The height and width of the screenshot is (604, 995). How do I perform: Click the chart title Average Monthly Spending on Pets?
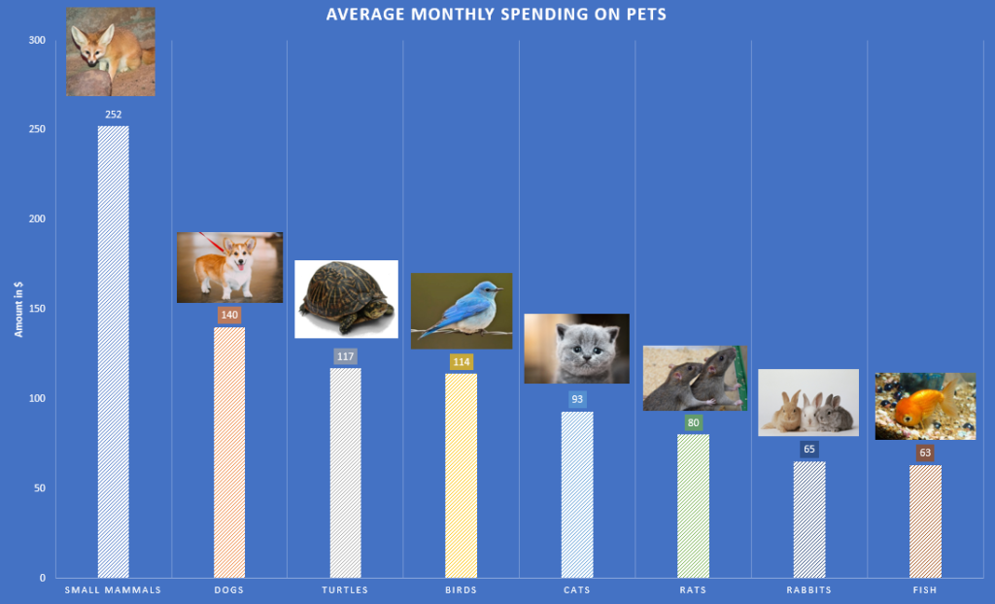tap(496, 15)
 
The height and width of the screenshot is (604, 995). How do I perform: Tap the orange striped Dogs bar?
tap(229, 452)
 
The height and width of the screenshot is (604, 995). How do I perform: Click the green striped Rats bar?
tap(693, 505)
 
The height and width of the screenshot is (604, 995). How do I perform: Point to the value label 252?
tap(113, 114)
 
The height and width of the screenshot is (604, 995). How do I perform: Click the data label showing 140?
tap(229, 315)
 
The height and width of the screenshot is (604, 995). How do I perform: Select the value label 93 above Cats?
tap(577, 399)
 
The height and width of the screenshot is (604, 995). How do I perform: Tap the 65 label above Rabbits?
tap(809, 450)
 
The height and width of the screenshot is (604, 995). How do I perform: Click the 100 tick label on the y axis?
tap(36, 398)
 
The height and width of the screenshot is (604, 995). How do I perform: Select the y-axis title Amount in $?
tap(17, 309)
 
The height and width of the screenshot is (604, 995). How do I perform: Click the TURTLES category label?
tap(345, 589)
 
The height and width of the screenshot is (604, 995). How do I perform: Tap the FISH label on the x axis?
tap(925, 589)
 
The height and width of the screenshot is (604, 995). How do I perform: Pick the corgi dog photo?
tap(229, 267)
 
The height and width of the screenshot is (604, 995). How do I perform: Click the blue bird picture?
tap(462, 310)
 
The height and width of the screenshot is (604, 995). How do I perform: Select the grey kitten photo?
tap(576, 348)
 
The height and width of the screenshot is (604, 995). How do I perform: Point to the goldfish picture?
tap(925, 406)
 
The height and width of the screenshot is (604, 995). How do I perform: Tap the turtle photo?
tap(346, 299)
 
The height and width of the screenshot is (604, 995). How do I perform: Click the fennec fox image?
tap(110, 52)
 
